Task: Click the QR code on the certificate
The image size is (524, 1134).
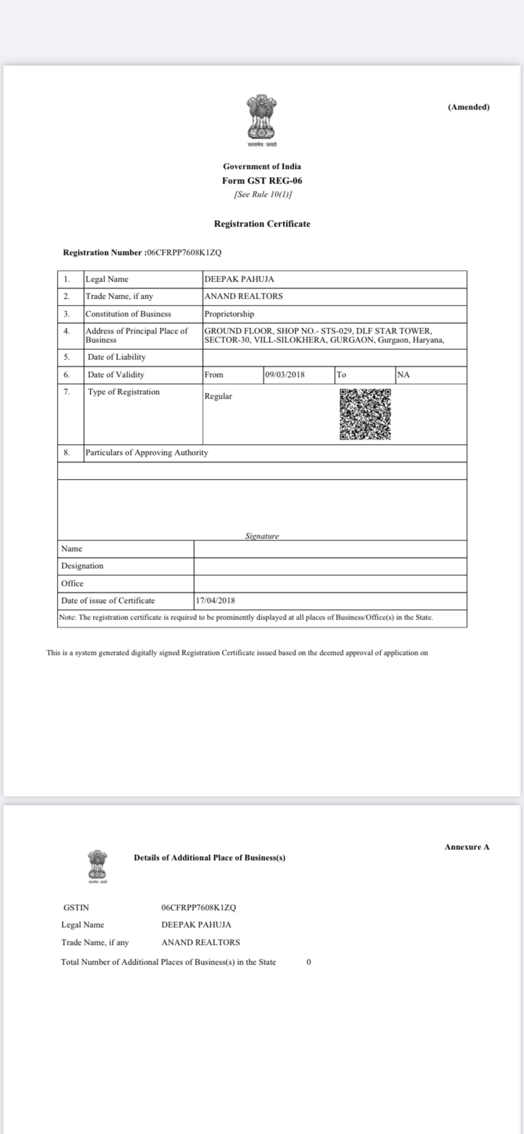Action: pyautogui.click(x=365, y=414)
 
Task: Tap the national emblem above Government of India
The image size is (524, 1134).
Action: pyautogui.click(x=262, y=118)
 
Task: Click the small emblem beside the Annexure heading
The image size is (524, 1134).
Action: pyautogui.click(x=97, y=864)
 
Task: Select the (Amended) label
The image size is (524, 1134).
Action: pyautogui.click(x=468, y=107)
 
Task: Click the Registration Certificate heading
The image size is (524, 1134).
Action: pyautogui.click(x=262, y=223)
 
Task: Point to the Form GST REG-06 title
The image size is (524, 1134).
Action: pyautogui.click(x=262, y=180)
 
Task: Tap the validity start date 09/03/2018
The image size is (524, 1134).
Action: pyautogui.click(x=285, y=375)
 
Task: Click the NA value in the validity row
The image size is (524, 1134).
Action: pyautogui.click(x=403, y=375)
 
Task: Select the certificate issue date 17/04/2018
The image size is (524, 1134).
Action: pyautogui.click(x=215, y=601)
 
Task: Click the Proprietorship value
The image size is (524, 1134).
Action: pyautogui.click(x=229, y=314)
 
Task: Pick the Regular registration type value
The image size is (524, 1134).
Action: pyautogui.click(x=218, y=396)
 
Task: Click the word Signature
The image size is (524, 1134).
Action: pyautogui.click(x=262, y=536)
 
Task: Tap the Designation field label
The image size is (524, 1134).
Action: pyautogui.click(x=82, y=566)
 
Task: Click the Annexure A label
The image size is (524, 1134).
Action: pyautogui.click(x=467, y=847)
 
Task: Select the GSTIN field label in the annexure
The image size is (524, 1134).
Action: pyautogui.click(x=77, y=907)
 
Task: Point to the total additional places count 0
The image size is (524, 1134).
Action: pyautogui.click(x=309, y=962)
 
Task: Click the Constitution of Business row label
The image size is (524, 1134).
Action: pyautogui.click(x=128, y=314)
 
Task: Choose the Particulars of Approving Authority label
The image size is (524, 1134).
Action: pyautogui.click(x=147, y=452)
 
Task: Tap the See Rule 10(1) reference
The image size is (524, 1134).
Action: pyautogui.click(x=262, y=194)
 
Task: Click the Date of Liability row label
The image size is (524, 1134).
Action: pyautogui.click(x=116, y=357)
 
